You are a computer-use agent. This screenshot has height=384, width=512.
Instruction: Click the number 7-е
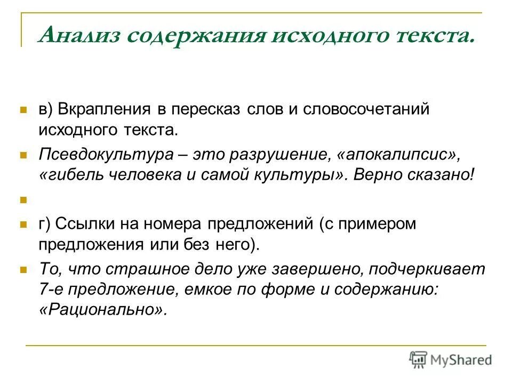pos(50,290)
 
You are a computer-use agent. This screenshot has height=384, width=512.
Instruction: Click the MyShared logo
pos(451,360)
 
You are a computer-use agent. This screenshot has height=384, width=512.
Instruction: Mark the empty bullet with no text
pos(23,201)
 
